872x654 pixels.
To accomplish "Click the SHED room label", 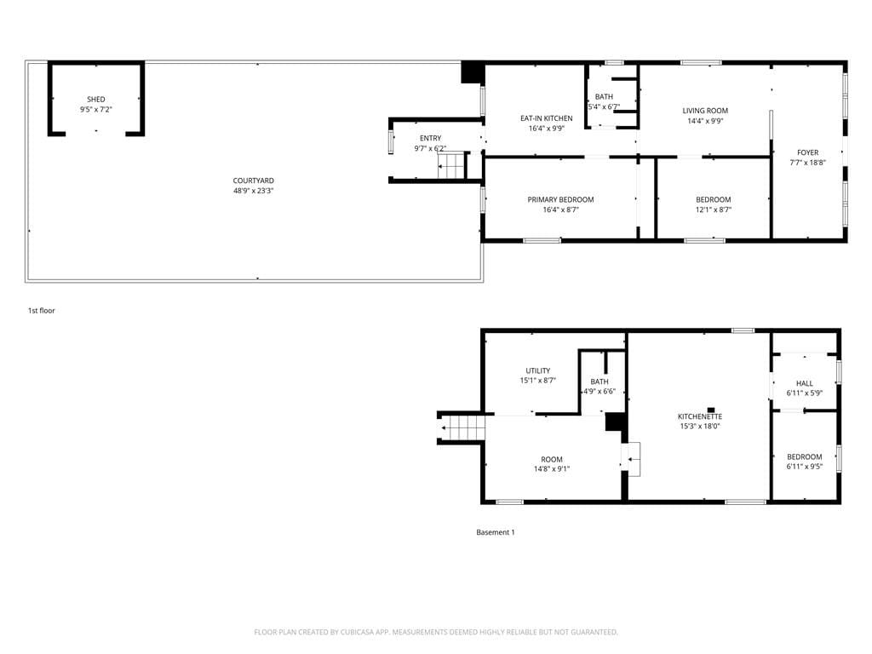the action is (96, 100).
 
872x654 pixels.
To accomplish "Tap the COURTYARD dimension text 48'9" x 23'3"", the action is (254, 191).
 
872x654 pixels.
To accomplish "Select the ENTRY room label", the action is (430, 138).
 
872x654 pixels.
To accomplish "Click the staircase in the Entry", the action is (451, 165).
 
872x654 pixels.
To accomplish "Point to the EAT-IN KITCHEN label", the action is (547, 118).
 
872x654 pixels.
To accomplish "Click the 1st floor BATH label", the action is (604, 97).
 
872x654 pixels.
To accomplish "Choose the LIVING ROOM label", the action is (705, 111).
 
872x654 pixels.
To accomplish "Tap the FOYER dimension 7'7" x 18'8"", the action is (807, 163).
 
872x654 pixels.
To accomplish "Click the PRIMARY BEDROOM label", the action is (560, 199).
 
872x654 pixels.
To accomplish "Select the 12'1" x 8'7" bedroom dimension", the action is (714, 209).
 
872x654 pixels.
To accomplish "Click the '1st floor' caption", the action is (42, 311).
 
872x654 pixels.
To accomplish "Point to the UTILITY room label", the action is (538, 371).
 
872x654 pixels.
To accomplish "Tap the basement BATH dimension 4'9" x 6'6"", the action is (599, 392).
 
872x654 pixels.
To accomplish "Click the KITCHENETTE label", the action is (700, 416).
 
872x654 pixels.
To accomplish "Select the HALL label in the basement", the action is (805, 383).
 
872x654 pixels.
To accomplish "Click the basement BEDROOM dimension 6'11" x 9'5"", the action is (805, 467).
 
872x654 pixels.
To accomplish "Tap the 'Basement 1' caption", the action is (496, 532).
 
